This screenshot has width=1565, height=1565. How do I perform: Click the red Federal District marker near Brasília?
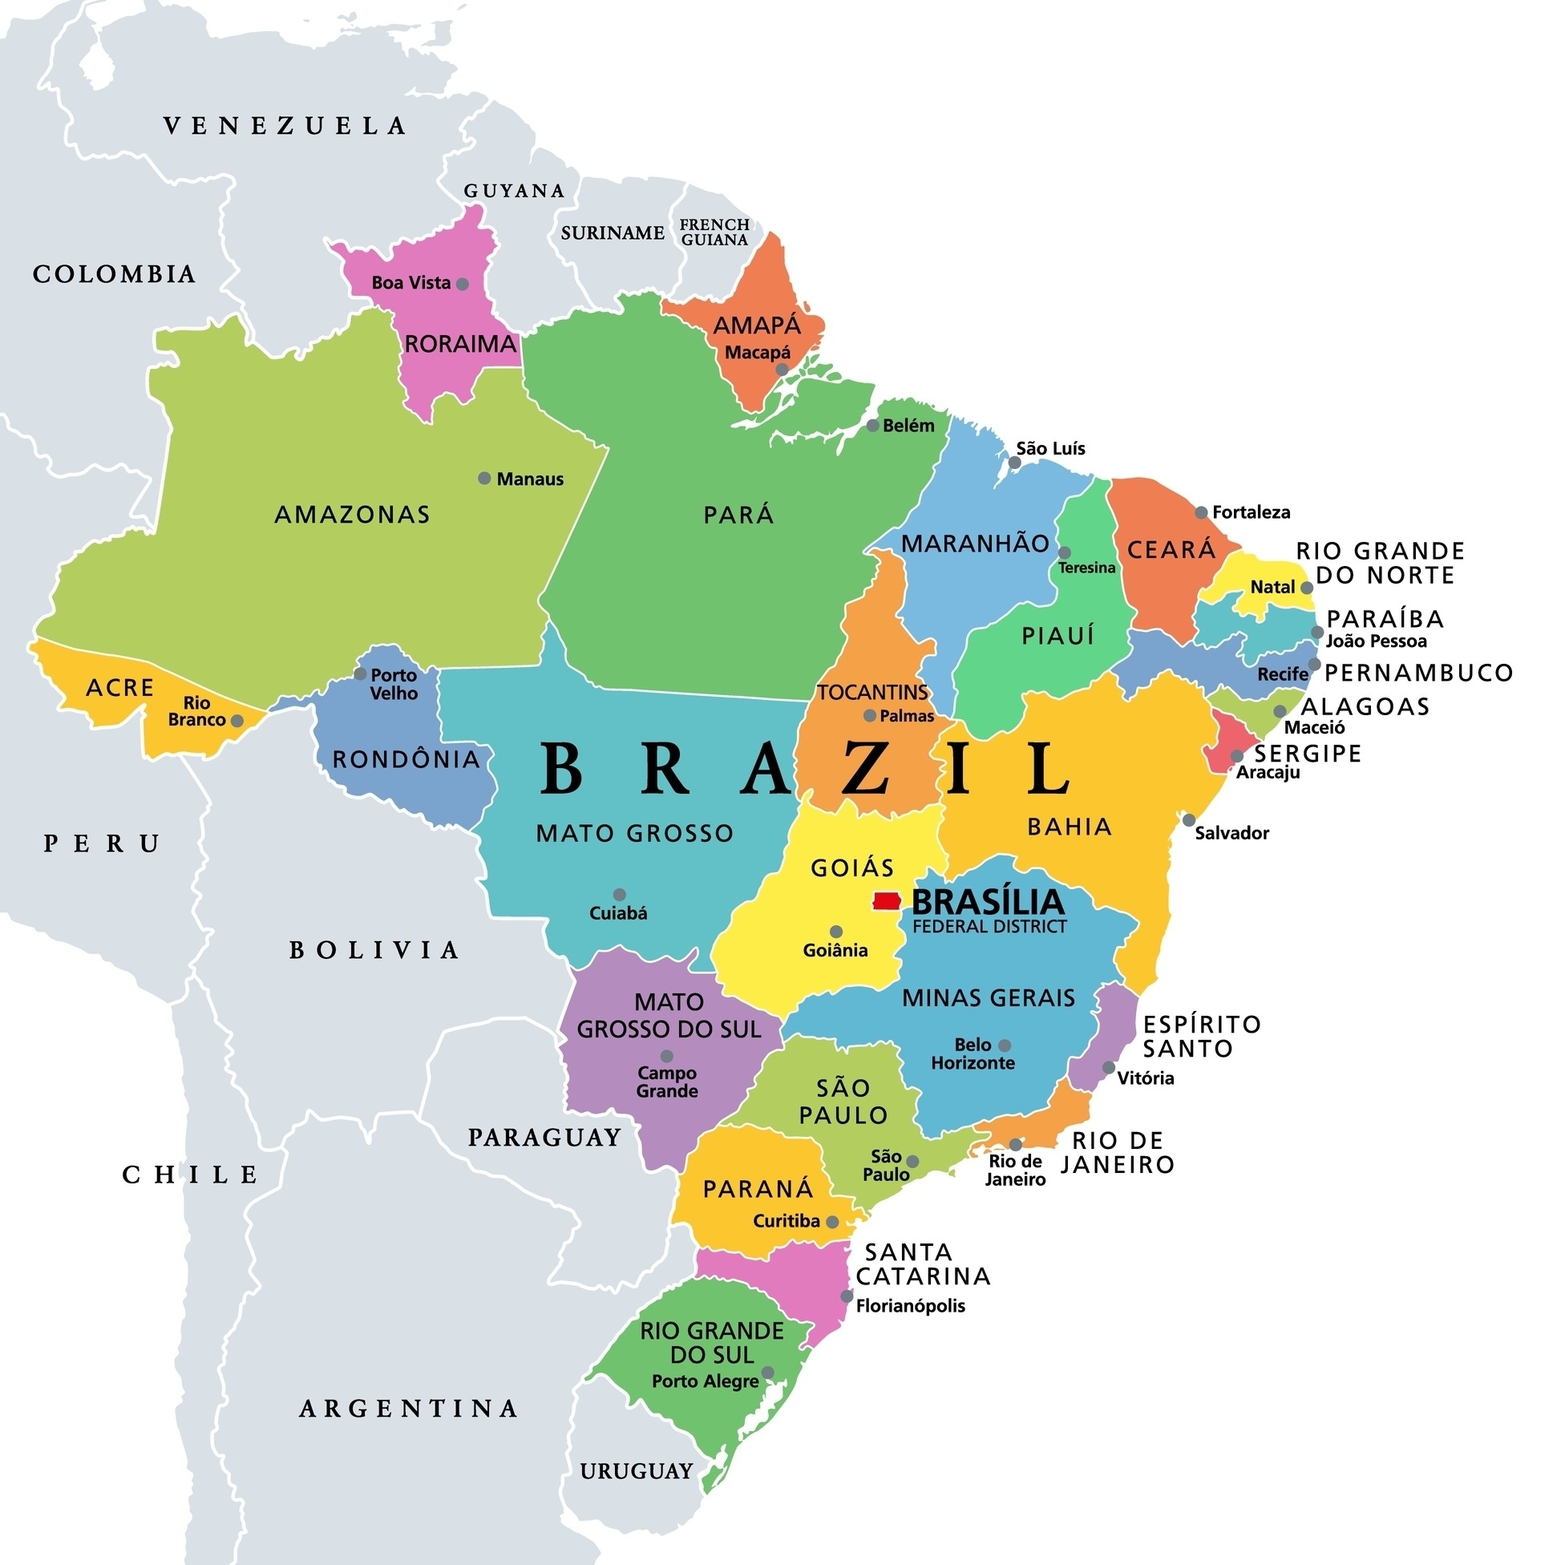point(887,902)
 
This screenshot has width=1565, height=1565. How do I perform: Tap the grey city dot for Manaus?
point(484,479)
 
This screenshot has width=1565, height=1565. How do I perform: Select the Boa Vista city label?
point(410,283)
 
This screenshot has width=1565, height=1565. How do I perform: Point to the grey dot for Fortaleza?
point(1201,513)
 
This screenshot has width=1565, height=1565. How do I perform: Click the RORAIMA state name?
point(460,344)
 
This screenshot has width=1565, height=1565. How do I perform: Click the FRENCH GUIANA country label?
point(714,233)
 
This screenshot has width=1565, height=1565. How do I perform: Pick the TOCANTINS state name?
point(872,693)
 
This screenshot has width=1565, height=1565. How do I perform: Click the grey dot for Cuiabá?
point(619,895)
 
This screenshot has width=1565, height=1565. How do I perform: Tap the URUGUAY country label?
point(637,1471)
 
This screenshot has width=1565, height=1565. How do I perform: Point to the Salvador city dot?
point(1188,820)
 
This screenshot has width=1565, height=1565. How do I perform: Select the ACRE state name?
point(120,688)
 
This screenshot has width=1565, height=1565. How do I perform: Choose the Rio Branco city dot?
point(237,720)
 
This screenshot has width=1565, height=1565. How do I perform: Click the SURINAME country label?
point(613,233)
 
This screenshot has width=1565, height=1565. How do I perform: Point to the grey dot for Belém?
point(872,426)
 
